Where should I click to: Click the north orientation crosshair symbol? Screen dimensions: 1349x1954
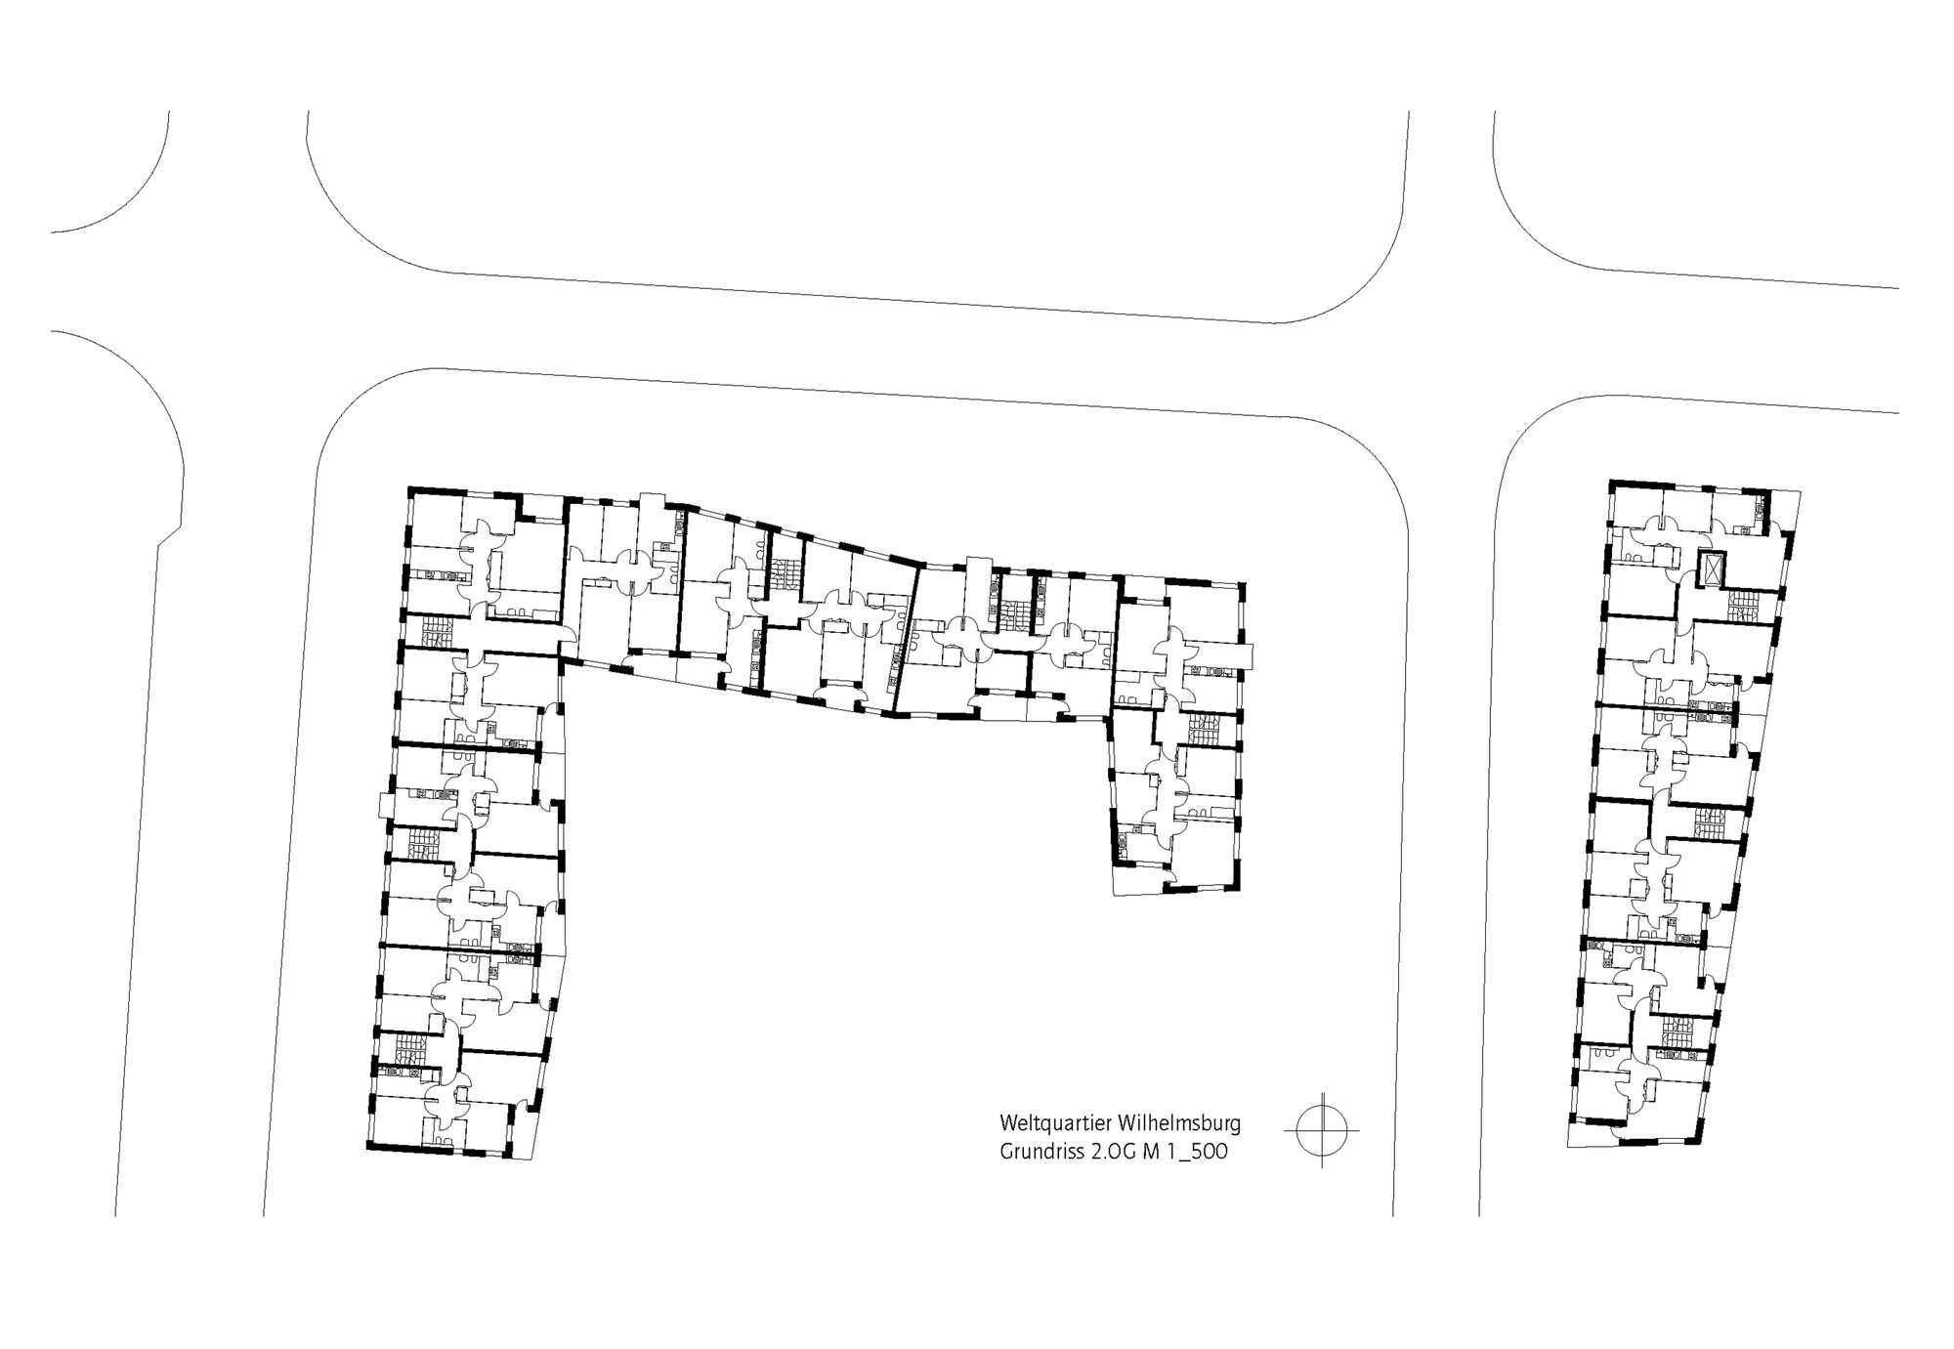tap(1322, 1130)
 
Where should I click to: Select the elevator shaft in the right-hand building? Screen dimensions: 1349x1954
tap(1712, 569)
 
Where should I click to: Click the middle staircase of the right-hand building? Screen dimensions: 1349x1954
tap(1709, 823)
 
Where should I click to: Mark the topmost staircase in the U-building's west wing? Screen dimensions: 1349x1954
tap(434, 630)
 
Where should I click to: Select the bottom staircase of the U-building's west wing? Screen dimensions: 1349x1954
tap(407, 1049)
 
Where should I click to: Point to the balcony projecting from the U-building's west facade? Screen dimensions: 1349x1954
tap(385, 808)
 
